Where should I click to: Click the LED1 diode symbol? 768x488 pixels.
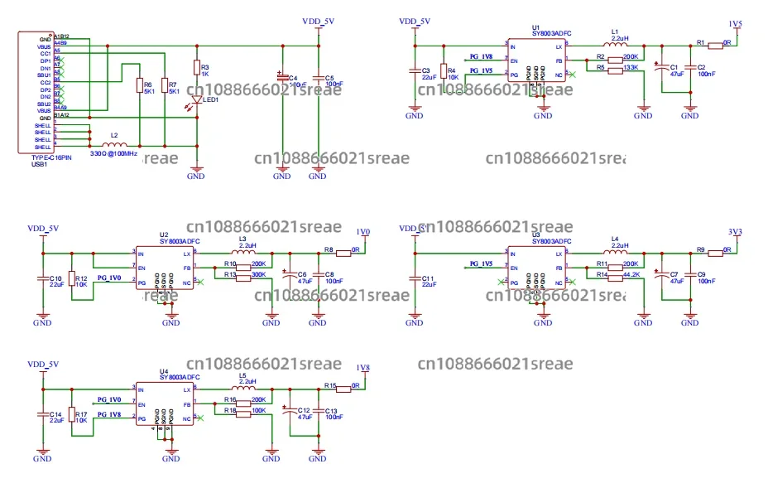(196, 100)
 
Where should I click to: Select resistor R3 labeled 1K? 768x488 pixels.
(196, 69)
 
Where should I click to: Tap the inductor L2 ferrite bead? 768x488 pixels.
(113, 144)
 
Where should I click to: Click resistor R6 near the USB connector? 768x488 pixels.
(139, 86)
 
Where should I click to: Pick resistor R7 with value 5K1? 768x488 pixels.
(164, 86)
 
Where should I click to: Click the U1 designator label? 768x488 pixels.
(535, 27)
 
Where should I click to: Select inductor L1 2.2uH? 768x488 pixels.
(614, 46)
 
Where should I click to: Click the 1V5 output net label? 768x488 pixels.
(735, 23)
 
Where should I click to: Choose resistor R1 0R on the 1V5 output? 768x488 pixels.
(715, 46)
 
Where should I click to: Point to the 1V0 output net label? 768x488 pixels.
(362, 231)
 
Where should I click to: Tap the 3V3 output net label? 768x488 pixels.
(735, 231)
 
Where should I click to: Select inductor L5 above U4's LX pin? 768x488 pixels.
(242, 388)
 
